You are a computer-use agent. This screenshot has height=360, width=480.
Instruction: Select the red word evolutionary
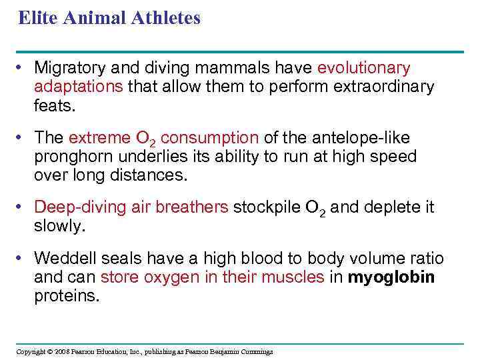[x=364, y=68]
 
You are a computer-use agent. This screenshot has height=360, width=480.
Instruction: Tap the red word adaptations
[x=79, y=87]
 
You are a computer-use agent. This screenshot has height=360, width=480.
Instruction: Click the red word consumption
[x=210, y=138]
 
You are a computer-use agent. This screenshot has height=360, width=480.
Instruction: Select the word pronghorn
[x=69, y=157]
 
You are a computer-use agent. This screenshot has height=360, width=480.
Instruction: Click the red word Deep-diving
[x=74, y=207]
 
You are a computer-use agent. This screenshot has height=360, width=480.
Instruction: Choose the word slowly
[x=60, y=226]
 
